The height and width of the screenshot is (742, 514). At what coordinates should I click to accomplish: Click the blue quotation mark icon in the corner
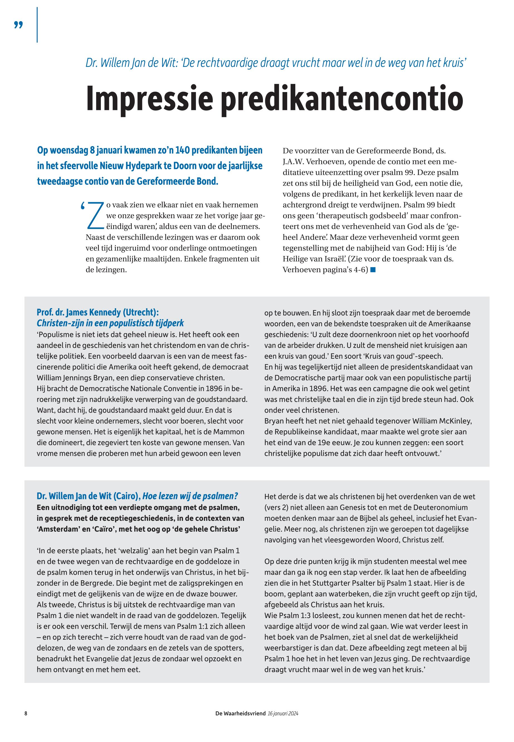coord(19,25)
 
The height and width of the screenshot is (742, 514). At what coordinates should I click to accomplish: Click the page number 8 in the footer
coord(26,713)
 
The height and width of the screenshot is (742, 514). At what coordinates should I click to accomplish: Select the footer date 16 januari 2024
coord(283,713)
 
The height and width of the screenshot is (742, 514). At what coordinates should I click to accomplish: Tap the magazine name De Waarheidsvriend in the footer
coord(241,713)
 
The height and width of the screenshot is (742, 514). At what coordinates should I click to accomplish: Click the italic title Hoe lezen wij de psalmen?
coord(190,496)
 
